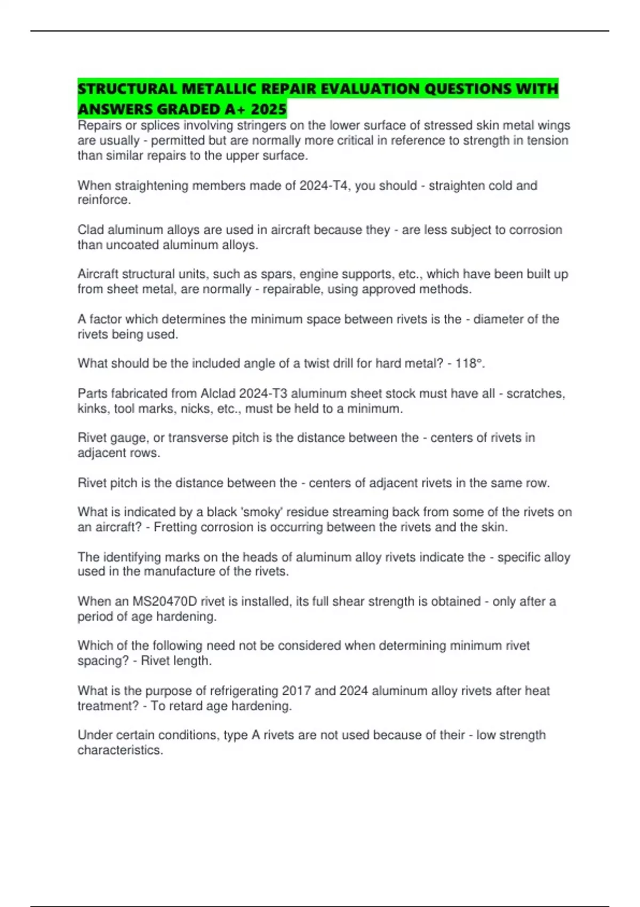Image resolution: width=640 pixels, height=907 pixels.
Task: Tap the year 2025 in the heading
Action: pyautogui.click(x=269, y=109)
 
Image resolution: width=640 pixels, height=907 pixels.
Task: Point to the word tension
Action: pyautogui.click(x=543, y=140)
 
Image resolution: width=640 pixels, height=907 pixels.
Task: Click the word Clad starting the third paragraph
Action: pyautogui.click(x=91, y=230)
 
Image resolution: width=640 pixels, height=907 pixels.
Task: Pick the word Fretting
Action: pyautogui.click(x=176, y=527)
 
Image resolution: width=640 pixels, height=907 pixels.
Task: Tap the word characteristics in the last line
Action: pyautogui.click(x=119, y=750)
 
